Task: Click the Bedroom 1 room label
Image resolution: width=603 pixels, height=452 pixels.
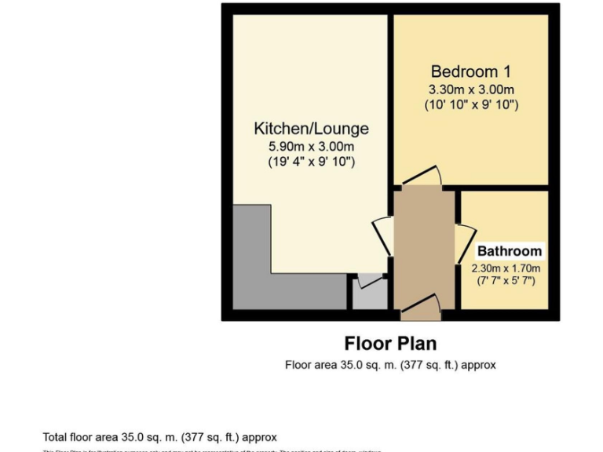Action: coord(470,71)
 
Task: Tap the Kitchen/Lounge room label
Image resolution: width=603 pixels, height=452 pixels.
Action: coord(311,129)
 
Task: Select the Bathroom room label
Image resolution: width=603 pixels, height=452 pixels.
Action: coord(510,251)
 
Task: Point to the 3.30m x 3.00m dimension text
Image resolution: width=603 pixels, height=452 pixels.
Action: coord(470,89)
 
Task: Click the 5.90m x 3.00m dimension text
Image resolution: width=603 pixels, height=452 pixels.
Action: coord(311,146)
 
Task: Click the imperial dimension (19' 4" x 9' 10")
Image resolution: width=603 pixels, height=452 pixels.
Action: coord(311,162)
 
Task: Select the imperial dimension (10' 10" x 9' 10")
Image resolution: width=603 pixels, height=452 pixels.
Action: coord(470,104)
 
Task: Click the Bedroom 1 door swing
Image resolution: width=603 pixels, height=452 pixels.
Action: coord(424,176)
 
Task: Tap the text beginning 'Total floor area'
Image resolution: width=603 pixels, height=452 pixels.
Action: coord(159,437)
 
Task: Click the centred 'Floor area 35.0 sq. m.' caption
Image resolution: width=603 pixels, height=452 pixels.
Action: coord(390,365)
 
